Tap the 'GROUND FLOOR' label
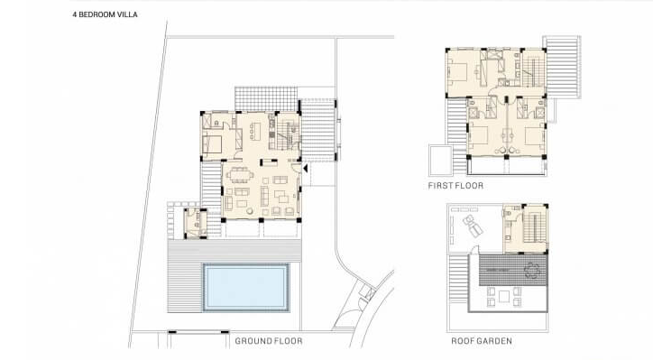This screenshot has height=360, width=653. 269,342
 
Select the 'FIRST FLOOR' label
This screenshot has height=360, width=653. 455,186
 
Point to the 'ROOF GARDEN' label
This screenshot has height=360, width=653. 482,342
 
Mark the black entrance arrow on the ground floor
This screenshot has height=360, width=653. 307,167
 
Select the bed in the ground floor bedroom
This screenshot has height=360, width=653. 215,141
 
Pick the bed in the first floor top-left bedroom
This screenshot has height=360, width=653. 459,75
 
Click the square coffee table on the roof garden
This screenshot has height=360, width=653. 498,293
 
